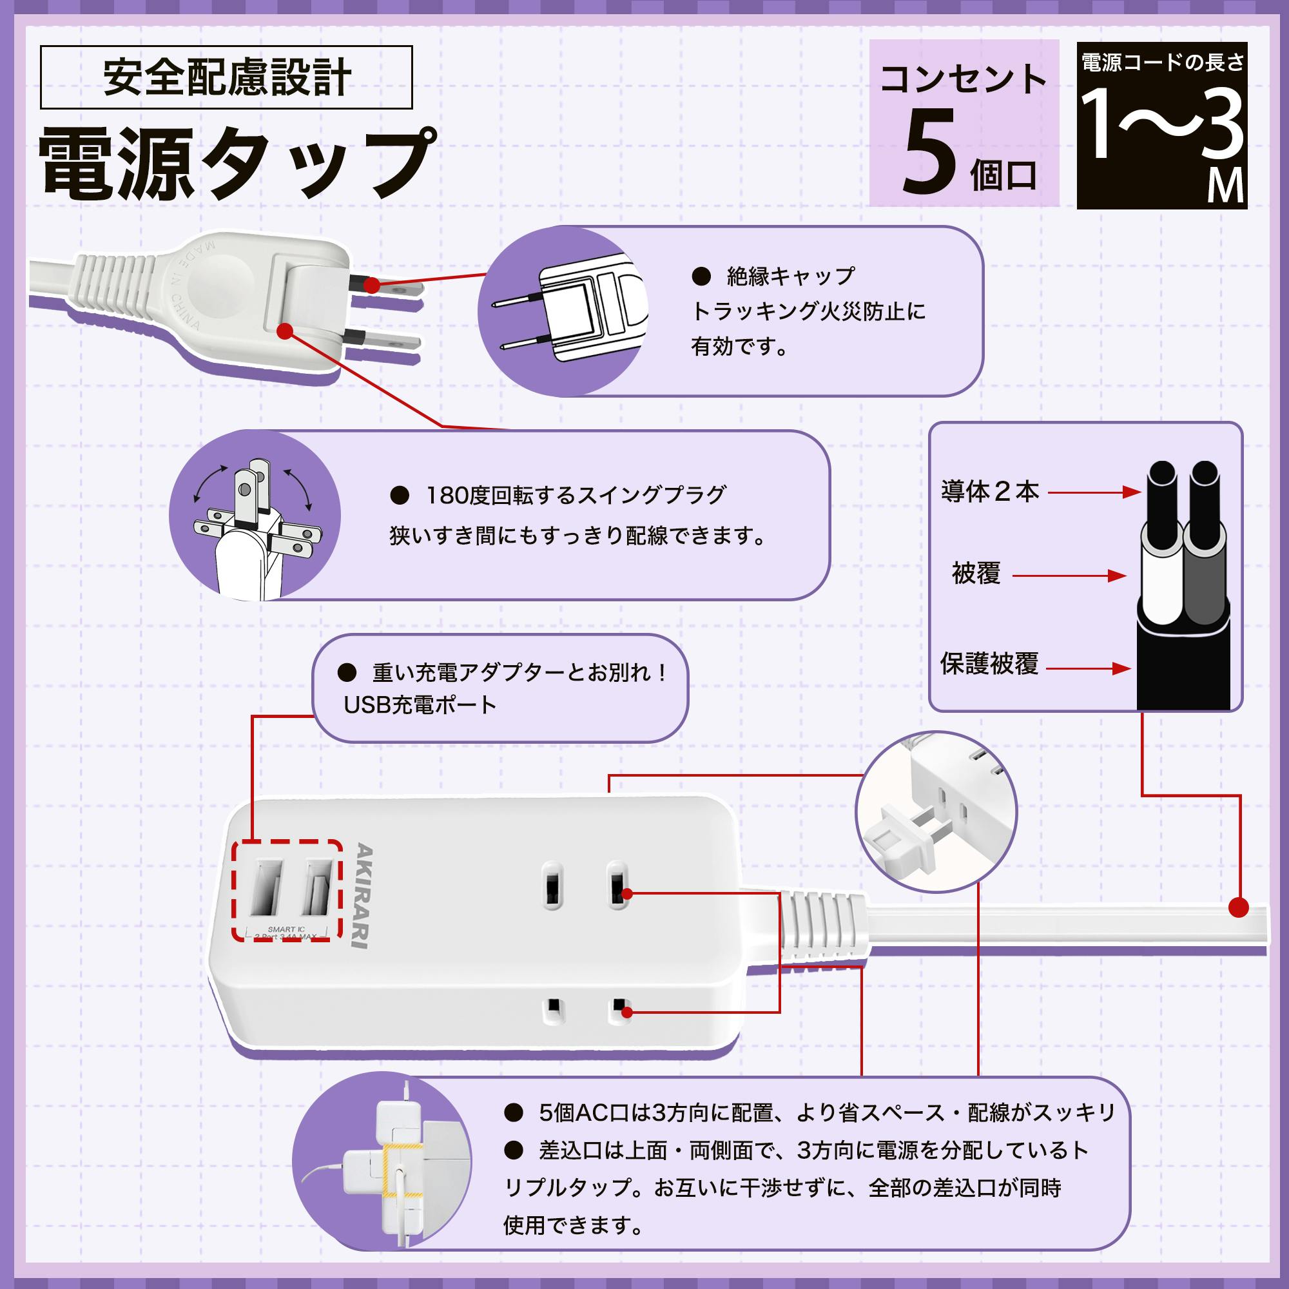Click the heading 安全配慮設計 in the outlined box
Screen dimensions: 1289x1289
point(226,77)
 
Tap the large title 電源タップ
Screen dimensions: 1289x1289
point(237,164)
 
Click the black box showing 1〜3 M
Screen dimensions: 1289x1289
point(1161,126)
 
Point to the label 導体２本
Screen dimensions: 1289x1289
point(990,492)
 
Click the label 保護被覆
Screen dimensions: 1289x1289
point(989,664)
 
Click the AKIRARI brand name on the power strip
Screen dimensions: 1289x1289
point(364,895)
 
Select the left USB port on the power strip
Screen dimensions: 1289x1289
point(266,887)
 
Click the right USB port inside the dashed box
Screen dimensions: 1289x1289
point(318,887)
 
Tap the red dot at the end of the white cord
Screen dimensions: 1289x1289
point(1239,907)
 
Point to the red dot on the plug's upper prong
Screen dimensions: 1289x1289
point(372,286)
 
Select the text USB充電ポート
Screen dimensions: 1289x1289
point(420,704)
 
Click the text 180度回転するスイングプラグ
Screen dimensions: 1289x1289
point(576,495)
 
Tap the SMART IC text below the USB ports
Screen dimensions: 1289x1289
point(286,929)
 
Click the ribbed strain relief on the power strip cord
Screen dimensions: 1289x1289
point(819,926)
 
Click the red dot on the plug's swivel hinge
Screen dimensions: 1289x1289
point(285,330)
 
